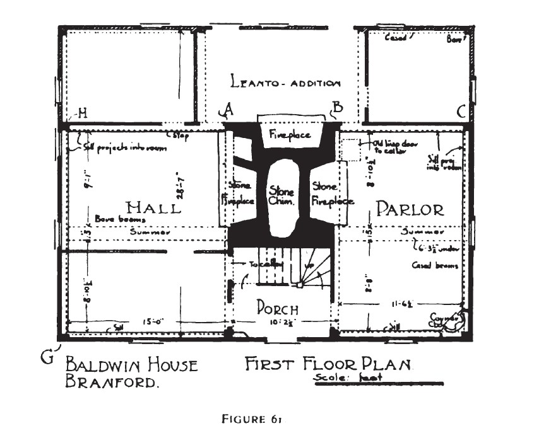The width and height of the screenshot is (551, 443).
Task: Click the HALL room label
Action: point(153,207)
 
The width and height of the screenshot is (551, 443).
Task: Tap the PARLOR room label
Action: point(410,209)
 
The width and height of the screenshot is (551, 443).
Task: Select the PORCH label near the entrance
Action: point(277,308)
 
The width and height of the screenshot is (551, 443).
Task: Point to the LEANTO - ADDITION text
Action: point(285,82)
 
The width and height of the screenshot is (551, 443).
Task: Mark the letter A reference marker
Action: point(228,108)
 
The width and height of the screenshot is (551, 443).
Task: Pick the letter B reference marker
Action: point(338,107)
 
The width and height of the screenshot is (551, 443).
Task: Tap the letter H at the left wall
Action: point(82,113)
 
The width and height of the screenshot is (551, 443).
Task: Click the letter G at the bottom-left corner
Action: point(47,357)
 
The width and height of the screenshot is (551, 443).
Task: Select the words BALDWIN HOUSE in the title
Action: point(132,365)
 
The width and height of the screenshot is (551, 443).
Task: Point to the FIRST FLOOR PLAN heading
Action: point(328,364)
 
